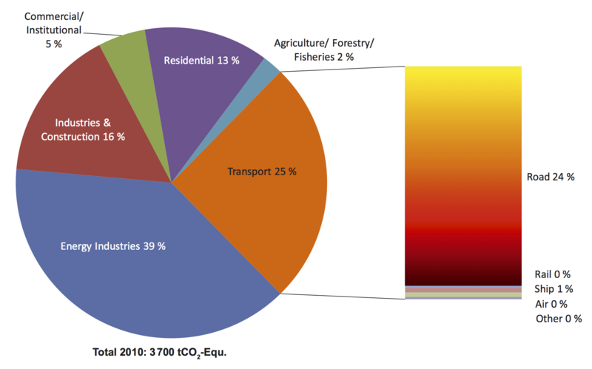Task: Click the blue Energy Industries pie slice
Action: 111,281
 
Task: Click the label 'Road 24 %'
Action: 551,177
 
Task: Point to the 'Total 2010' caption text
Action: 160,352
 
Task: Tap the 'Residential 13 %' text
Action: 201,61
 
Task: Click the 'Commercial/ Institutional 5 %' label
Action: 53,30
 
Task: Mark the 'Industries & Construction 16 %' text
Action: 83,129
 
